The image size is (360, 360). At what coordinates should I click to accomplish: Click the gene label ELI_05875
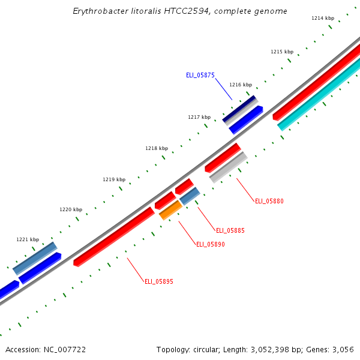[x=200, y=75]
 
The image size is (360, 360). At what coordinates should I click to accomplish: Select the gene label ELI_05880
[x=269, y=201]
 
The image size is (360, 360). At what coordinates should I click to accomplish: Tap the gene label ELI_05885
[x=230, y=230]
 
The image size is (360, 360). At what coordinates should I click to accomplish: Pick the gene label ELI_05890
[x=211, y=244]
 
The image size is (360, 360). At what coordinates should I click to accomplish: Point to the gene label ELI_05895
[x=159, y=281]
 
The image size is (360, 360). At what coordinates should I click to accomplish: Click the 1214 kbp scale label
[x=323, y=18]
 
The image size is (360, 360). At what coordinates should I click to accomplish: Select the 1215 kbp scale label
[x=282, y=52]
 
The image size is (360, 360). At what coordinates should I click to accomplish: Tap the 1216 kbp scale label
[x=241, y=85]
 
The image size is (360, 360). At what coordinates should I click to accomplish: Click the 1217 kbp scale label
[x=199, y=117]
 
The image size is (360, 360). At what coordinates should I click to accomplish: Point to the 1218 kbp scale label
[x=157, y=148]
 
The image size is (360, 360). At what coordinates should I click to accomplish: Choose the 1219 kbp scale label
[x=114, y=179]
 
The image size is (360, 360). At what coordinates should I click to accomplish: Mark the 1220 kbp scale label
[x=71, y=209]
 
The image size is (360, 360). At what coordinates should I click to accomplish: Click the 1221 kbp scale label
[x=28, y=239]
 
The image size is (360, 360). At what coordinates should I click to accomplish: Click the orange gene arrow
[x=170, y=210]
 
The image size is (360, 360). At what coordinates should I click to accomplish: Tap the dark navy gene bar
[x=239, y=109]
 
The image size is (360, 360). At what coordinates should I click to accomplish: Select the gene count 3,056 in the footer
[x=343, y=349]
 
